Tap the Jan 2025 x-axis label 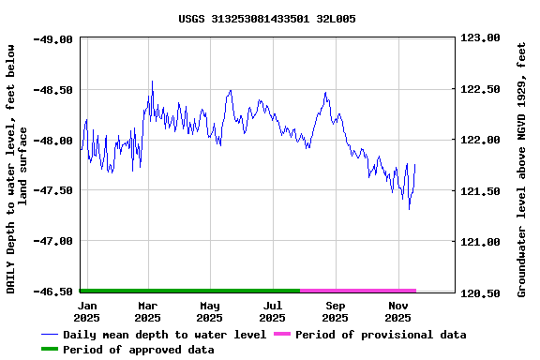pyautogui.click(x=87, y=311)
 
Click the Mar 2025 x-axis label pyautogui.click(x=147, y=311)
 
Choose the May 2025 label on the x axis pyautogui.click(x=210, y=311)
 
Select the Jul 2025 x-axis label pyautogui.click(x=273, y=311)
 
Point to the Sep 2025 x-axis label pyautogui.click(x=336, y=311)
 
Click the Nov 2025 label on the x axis pyautogui.click(x=398, y=311)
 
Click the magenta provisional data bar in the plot pyautogui.click(x=357, y=291)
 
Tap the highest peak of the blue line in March pyautogui.click(x=152, y=81)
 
